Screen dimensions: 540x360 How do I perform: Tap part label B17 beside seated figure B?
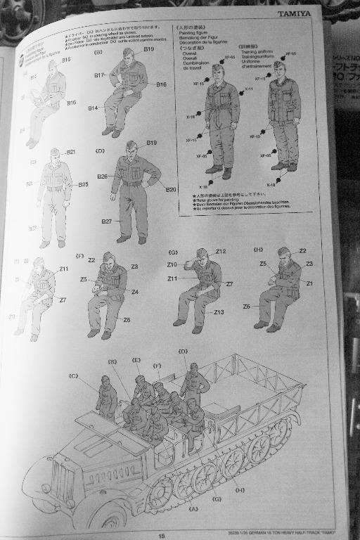[98, 75]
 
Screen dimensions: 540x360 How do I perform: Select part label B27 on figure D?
[106, 221]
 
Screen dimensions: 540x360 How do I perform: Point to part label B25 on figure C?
[83, 185]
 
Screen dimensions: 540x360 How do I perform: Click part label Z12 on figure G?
[220, 251]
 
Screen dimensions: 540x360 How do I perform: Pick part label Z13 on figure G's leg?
[219, 312]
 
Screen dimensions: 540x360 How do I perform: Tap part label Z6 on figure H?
[247, 307]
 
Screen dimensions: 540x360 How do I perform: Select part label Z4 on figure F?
[134, 292]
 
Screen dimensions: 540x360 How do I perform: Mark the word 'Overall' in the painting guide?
[190, 52]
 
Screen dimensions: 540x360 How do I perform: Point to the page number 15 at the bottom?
[161, 534]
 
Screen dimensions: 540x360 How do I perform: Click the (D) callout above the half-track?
[183, 350]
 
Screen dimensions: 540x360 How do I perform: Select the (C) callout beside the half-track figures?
[73, 376]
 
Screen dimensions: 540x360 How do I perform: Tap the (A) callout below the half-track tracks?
[193, 507]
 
